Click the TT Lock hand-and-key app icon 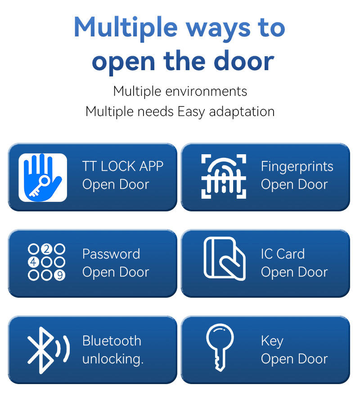click(43, 178)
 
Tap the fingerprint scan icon click(224, 176)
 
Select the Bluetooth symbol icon click(48, 350)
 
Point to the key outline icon click(220, 348)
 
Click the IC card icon click(225, 259)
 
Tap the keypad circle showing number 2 click(46, 249)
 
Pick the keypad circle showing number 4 click(33, 262)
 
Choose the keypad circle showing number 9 click(60, 275)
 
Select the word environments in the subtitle click(206, 91)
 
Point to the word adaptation click(242, 112)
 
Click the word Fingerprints click(297, 167)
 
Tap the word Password click(111, 254)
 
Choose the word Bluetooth click(112, 340)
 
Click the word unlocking click(113, 359)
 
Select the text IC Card click(283, 254)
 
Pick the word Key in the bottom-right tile click(272, 341)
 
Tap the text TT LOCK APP click(123, 166)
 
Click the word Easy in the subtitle click(191, 112)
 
